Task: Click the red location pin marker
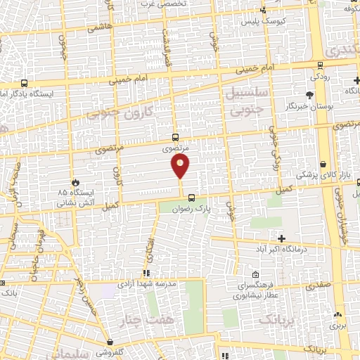pos(181,167)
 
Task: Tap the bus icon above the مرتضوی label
pos(175,139)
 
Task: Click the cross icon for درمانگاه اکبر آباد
pos(282,238)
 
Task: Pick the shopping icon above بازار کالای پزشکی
pos(323,163)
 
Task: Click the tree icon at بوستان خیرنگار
pos(310,95)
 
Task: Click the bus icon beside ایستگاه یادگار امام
pos(25,82)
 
